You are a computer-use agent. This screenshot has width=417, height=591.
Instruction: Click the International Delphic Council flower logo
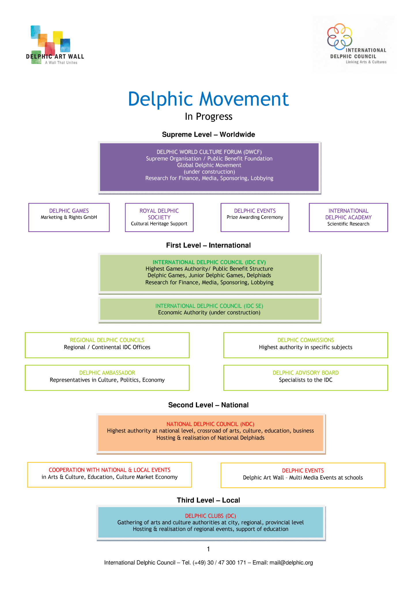point(339,36)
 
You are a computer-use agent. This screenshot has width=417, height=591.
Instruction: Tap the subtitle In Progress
point(208,117)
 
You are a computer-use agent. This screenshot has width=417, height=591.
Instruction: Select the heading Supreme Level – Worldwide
point(208,134)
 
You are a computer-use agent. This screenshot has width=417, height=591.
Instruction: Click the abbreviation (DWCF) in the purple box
point(252,152)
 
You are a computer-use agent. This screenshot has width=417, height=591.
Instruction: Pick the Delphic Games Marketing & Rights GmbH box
point(69,217)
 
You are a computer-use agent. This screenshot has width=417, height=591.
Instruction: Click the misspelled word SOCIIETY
point(159,217)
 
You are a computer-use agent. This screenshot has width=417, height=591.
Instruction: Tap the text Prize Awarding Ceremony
point(255,217)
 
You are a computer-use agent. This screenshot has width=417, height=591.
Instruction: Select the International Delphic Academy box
point(348,217)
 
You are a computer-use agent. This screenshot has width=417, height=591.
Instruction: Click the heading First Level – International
point(208,245)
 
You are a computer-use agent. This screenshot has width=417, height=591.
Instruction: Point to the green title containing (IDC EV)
point(209,262)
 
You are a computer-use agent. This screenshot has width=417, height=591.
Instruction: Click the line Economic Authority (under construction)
point(209,313)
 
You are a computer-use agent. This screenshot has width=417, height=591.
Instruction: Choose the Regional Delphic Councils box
point(107,345)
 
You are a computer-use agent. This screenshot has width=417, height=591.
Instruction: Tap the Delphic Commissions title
point(305,340)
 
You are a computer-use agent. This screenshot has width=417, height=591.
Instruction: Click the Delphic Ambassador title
point(107,373)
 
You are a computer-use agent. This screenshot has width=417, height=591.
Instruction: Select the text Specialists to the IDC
point(305,380)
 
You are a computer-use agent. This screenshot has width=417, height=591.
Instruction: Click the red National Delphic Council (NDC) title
point(210,424)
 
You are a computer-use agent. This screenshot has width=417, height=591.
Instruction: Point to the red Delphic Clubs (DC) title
point(210,516)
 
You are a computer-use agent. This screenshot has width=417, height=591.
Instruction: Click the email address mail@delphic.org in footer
point(291,562)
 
